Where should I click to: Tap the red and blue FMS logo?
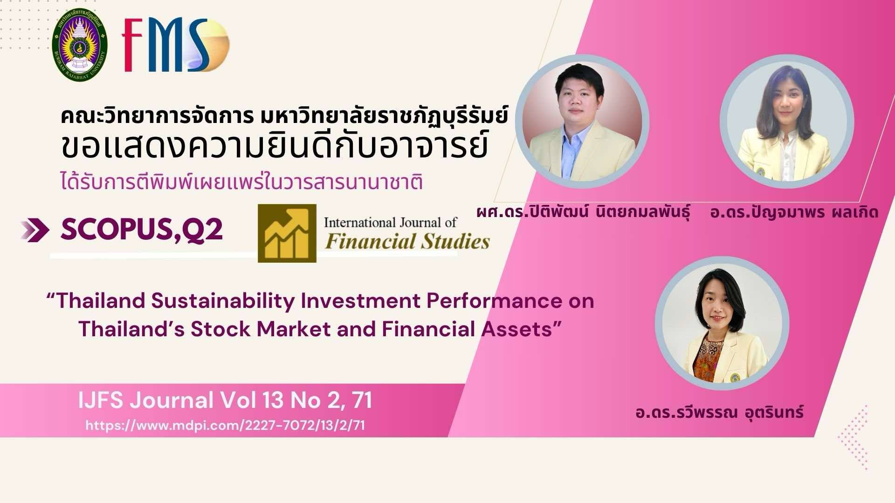pyautogui.click(x=175, y=45)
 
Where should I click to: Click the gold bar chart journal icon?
pyautogui.click(x=287, y=233)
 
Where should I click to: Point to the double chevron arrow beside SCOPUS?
pyautogui.click(x=34, y=230)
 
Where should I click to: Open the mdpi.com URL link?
pyautogui.click(x=225, y=425)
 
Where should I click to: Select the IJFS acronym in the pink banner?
pyautogui.click(x=101, y=401)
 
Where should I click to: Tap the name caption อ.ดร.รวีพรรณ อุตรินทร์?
pyautogui.click(x=720, y=412)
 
